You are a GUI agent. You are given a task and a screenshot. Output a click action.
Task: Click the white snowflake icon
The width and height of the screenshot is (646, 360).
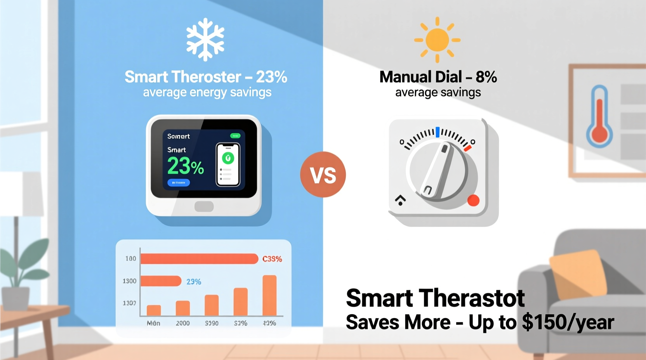pos(205,39)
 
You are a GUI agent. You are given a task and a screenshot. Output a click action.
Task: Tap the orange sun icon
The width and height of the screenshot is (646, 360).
pos(437,40)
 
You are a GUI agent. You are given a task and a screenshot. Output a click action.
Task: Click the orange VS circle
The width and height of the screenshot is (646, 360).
pos(323,175)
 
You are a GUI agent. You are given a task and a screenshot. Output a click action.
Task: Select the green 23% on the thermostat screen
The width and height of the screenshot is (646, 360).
pos(185,166)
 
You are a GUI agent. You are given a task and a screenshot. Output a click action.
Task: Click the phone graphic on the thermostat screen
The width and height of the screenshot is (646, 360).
pos(228,164)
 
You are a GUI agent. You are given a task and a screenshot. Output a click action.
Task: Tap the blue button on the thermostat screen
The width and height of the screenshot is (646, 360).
pos(179,182)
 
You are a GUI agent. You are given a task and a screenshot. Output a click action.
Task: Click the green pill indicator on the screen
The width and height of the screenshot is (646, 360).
pos(235,136)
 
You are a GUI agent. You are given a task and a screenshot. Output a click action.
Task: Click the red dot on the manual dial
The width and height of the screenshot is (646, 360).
pos(473,200)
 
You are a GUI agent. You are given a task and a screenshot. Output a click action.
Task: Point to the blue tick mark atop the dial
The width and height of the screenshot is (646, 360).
pos(438,132)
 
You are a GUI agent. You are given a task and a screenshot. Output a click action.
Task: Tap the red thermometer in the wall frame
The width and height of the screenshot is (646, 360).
pos(599,116)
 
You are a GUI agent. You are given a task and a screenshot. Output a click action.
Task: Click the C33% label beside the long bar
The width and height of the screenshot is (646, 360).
pos(272,259)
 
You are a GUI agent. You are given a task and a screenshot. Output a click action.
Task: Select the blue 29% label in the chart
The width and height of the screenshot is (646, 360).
pos(194,282)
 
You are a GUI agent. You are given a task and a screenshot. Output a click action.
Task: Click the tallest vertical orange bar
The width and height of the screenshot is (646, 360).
pos(269,295)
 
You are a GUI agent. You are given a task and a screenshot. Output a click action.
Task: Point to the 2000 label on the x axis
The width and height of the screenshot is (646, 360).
pos(182,323)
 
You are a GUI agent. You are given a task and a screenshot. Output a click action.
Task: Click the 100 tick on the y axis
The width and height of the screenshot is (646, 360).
pos(130,258)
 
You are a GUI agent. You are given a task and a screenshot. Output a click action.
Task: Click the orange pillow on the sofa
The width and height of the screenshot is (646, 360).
pos(578,273)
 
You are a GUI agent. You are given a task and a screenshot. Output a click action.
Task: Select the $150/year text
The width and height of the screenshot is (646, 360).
pos(568,322)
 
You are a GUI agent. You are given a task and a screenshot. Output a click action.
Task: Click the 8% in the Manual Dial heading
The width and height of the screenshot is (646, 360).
pos(486,77)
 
